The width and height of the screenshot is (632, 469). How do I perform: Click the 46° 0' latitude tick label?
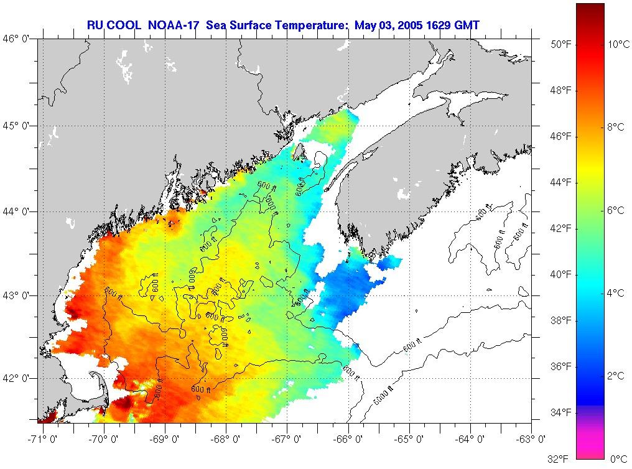pos(17,39)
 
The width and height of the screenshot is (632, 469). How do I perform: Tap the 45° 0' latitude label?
pos(17,126)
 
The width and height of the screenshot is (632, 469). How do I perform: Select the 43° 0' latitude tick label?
pos(17,295)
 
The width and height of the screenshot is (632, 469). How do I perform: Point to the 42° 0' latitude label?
pos(17,378)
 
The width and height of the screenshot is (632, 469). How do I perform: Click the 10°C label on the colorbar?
pos(619,44)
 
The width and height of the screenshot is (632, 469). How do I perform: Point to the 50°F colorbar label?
pos(559,44)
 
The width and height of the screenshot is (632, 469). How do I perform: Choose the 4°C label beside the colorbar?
pos(615,293)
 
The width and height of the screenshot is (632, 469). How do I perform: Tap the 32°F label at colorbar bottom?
pos(558,459)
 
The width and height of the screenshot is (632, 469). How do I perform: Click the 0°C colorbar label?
pos(618,459)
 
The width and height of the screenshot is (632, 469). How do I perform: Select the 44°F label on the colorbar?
pos(559,182)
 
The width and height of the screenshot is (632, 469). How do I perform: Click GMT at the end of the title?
pos(467,25)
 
